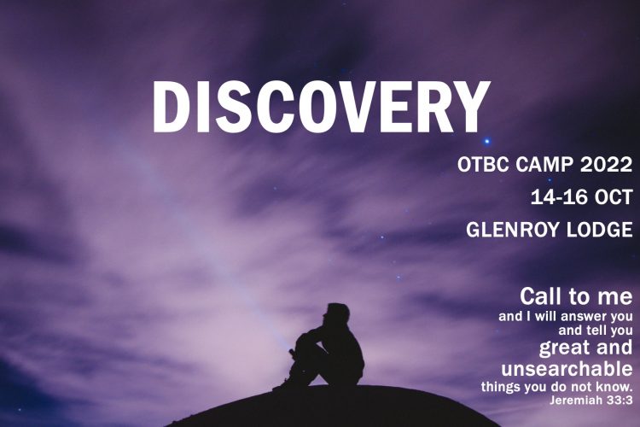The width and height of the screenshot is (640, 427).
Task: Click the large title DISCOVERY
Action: click(321, 108)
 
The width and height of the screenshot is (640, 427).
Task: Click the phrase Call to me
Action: click(576, 296)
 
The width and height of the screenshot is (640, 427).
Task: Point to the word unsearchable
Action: click(567, 370)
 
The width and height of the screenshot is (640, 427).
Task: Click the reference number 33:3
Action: click(620, 401)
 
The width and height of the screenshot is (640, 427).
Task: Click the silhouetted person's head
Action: click(337, 314)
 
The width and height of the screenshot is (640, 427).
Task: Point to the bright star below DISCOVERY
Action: click(486, 142)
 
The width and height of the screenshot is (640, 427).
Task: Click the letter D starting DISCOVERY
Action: click(168, 108)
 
